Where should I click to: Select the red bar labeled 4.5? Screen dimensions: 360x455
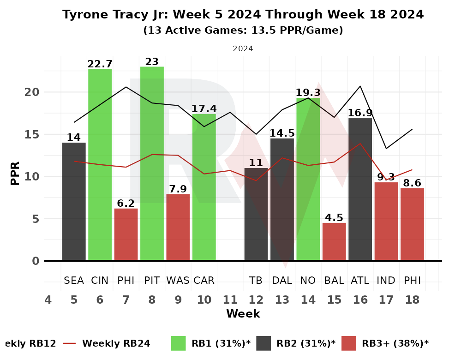click(334, 242)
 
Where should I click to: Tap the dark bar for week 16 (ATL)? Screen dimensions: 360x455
click(360, 189)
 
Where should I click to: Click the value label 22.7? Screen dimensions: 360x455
click(100, 64)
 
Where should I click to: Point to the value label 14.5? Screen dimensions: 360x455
click(282, 133)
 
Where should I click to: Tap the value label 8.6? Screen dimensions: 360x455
click(412, 183)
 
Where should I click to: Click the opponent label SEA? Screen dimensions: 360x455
click(74, 280)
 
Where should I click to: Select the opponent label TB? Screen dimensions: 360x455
click(256, 280)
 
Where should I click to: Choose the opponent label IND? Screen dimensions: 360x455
click(386, 280)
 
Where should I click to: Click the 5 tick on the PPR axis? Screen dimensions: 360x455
click(36, 219)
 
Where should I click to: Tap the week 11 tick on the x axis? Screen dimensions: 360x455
click(230, 300)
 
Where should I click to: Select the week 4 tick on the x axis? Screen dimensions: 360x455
click(48, 300)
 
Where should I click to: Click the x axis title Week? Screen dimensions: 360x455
click(243, 314)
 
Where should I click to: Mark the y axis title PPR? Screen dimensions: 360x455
click(15, 173)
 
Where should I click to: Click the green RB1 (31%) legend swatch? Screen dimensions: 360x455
click(178, 343)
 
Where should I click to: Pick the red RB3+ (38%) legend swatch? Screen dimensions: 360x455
click(348, 343)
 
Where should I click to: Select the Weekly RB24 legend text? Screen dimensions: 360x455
click(116, 343)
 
